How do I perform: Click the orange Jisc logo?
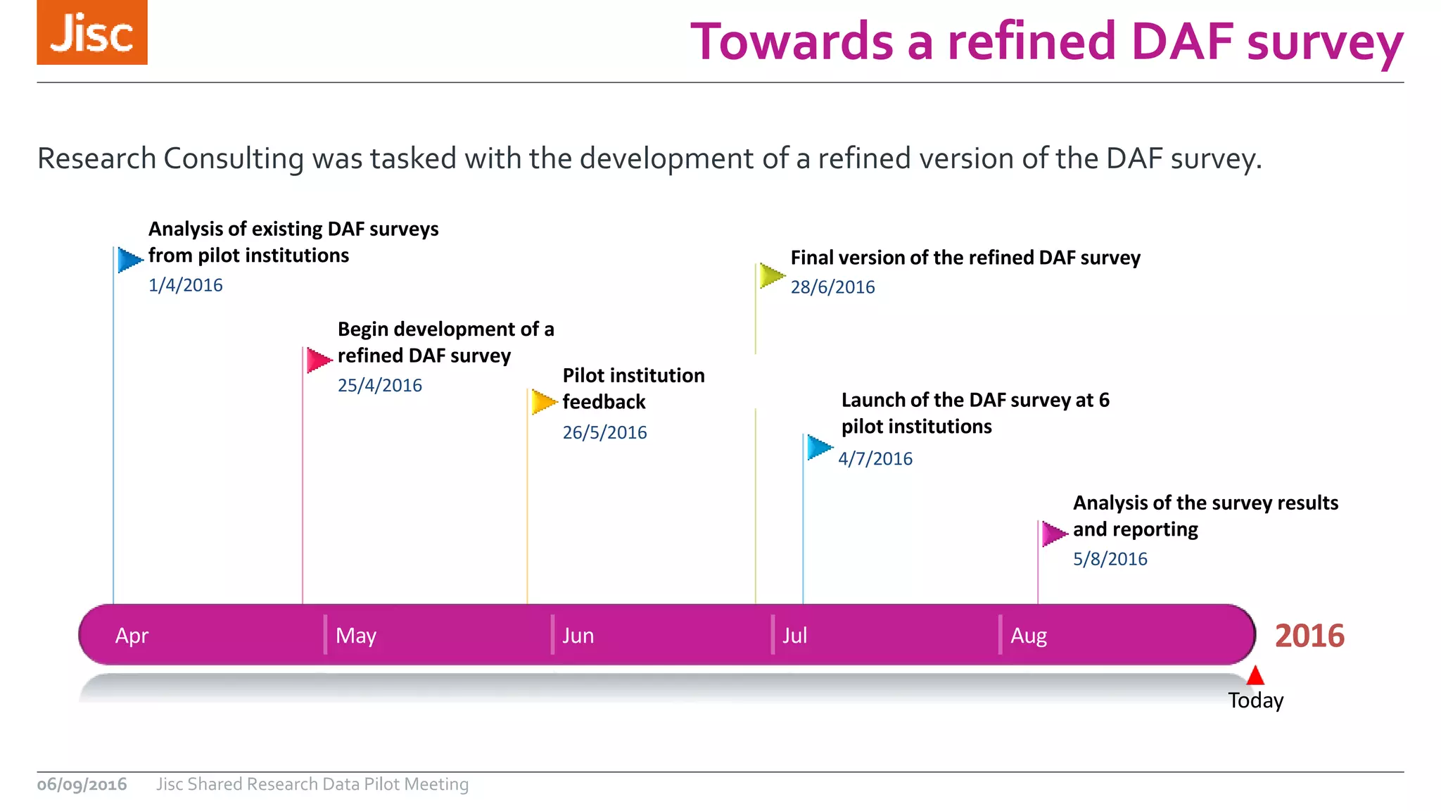coord(92,32)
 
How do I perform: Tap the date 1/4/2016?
coord(185,285)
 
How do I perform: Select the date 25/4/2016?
coord(379,385)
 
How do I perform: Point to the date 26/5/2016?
coord(604,432)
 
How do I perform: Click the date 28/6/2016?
coord(832,287)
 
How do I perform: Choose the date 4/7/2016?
coord(875,459)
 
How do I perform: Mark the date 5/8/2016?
coord(1110,559)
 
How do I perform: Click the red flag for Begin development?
coord(318,360)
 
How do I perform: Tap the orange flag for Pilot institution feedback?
coord(543,402)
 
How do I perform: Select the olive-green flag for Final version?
coord(771,276)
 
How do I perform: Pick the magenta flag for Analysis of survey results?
coord(1053,534)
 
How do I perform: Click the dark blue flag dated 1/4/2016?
coord(129,260)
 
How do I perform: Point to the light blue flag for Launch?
coord(818,447)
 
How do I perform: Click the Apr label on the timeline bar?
coord(132,636)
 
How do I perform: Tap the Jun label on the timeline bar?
coord(578,636)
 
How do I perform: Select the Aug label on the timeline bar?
coord(1028,636)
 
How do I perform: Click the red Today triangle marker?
coord(1255,677)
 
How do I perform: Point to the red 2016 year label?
coord(1309,636)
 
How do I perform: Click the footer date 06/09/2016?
coord(82,784)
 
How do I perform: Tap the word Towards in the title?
coord(792,42)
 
